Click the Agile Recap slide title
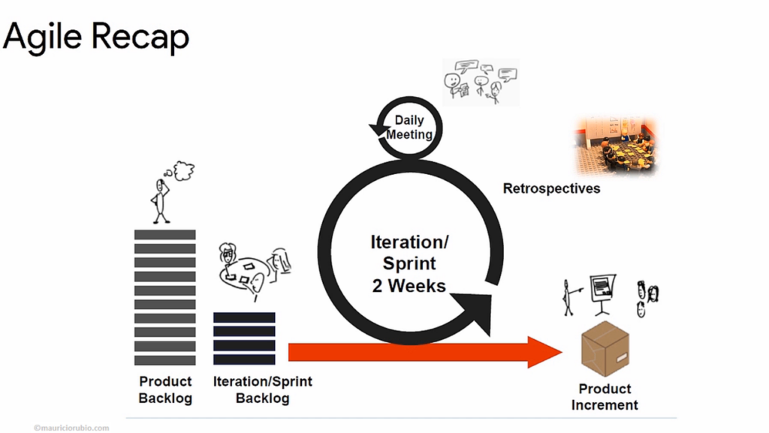click(x=96, y=38)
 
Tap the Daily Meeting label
click(x=409, y=128)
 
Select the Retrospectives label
click(x=551, y=188)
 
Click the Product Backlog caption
click(x=165, y=390)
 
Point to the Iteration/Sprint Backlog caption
click(x=262, y=390)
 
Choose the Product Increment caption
click(x=605, y=397)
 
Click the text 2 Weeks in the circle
click(x=409, y=286)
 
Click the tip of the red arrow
click(x=562, y=352)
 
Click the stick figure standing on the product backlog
click(x=160, y=201)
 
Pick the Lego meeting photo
click(x=616, y=146)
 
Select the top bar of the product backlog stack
click(x=164, y=235)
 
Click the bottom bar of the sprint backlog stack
click(x=244, y=359)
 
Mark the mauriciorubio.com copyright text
click(x=71, y=428)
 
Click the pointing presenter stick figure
click(x=571, y=297)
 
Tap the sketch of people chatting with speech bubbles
click(x=481, y=82)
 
